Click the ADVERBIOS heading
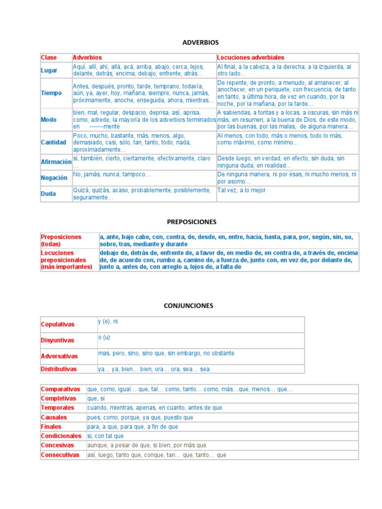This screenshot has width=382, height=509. point(200,42)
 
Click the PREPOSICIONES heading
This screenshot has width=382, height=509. point(191,222)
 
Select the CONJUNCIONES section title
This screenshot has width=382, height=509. point(189,306)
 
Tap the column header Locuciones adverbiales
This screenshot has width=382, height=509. point(251,58)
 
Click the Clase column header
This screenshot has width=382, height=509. point(49,58)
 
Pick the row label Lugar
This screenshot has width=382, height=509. point(49,71)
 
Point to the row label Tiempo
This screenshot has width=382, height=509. point(51,93)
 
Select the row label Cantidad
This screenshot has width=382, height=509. point(53,142)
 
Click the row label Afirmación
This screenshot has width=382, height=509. point(56,162)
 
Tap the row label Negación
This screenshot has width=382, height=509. point(54,177)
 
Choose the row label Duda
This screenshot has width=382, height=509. point(48,193)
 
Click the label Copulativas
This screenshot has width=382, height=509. point(57,325)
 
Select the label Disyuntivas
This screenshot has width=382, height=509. point(57,340)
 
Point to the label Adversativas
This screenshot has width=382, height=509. point(59,356)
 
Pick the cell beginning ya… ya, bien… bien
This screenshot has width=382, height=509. point(153,369)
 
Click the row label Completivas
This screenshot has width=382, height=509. point(58,398)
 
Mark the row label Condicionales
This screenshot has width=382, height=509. point(61,436)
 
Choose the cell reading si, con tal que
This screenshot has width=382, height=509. point(105,436)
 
